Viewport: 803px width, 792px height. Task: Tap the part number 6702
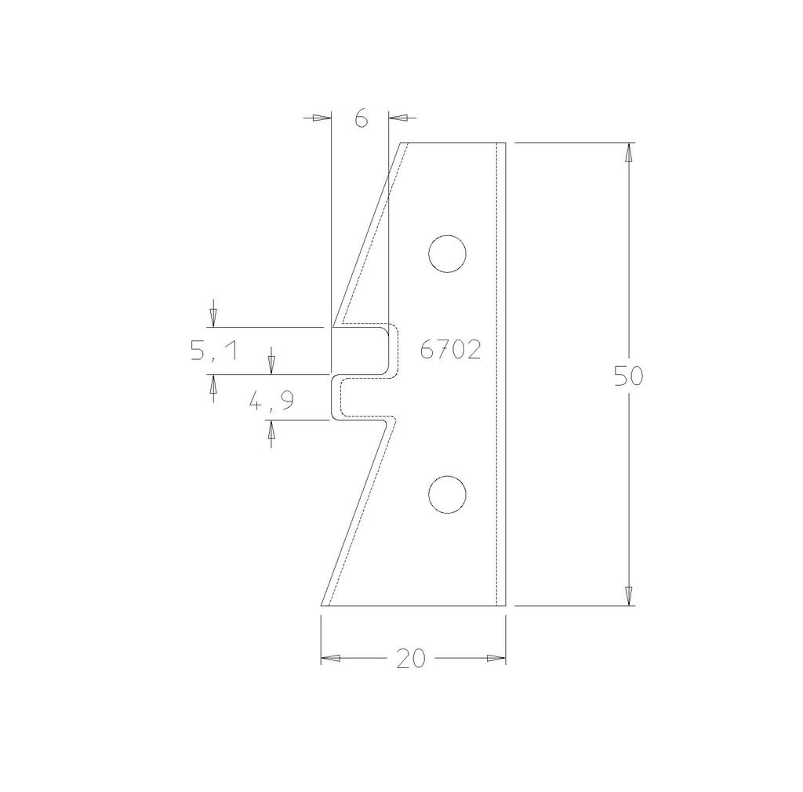[450, 351]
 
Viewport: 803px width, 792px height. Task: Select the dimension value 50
[628, 376]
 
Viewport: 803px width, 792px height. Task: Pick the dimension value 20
[411, 659]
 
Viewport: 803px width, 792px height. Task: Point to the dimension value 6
[361, 118]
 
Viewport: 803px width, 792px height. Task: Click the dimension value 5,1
[213, 351]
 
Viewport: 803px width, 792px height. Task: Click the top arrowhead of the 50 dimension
[629, 152]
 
